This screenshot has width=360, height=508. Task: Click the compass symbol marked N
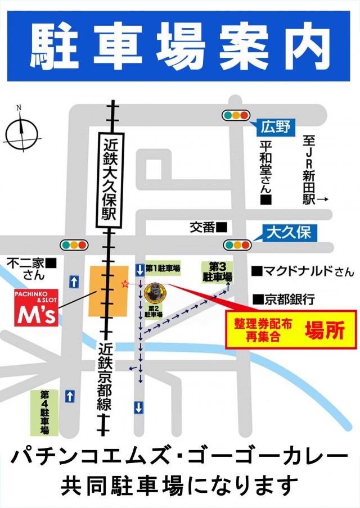[x=21, y=133]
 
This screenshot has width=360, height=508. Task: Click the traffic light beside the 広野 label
[x=236, y=115]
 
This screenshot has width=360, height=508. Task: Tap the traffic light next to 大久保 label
[x=236, y=244]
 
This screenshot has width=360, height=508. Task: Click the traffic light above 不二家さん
[x=74, y=245]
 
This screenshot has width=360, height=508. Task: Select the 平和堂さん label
[x=266, y=172]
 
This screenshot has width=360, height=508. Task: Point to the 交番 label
[x=208, y=227]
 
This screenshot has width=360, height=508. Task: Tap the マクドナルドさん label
[x=303, y=272]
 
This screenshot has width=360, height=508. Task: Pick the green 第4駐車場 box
[x=44, y=412]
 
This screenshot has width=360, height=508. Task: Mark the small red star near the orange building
[x=124, y=284]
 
